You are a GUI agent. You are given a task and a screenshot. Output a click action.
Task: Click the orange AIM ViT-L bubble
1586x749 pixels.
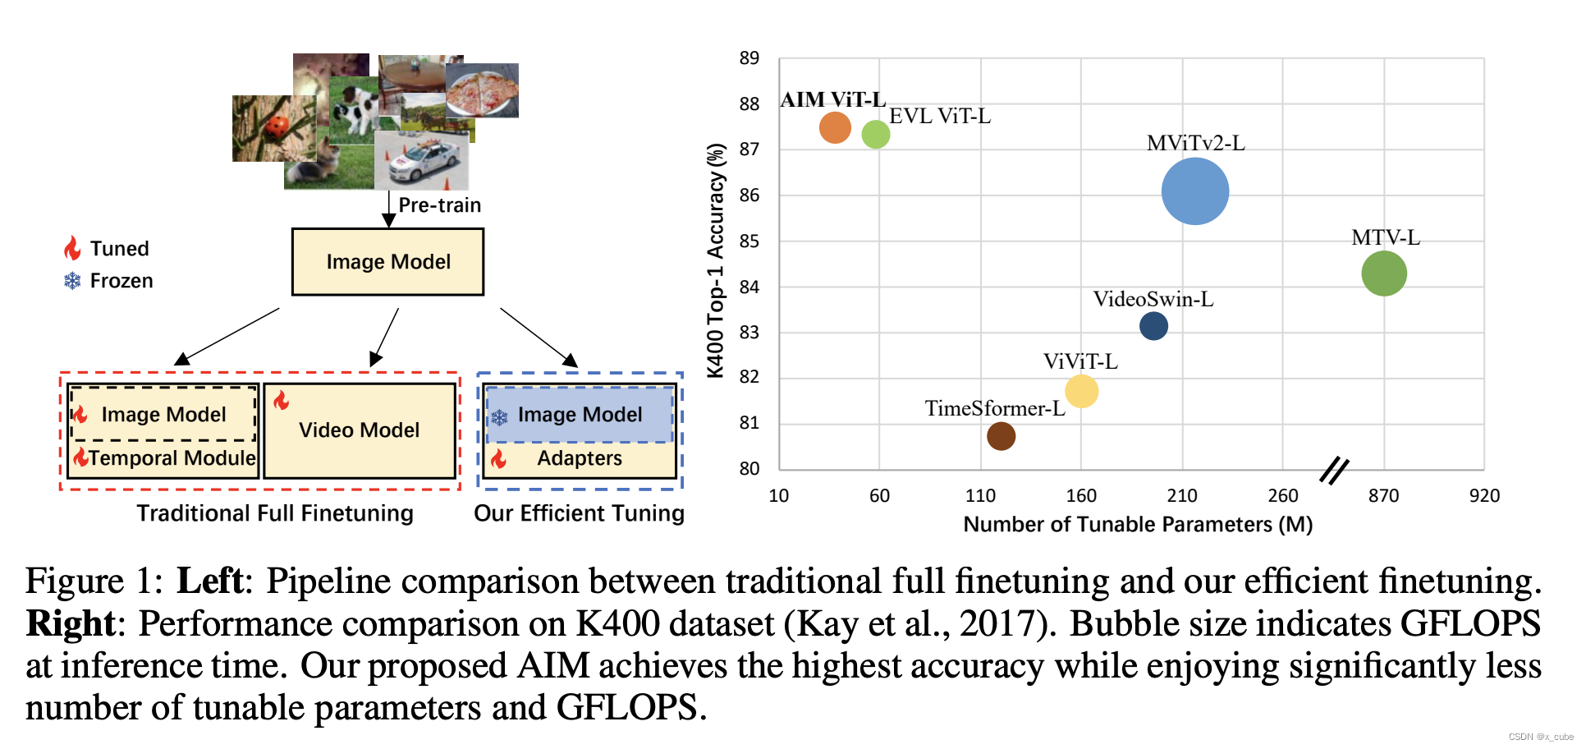834,127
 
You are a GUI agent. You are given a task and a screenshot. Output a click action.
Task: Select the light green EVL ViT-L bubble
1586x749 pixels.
875,134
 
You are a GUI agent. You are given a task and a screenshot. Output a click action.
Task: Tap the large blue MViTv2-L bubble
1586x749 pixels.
1194,191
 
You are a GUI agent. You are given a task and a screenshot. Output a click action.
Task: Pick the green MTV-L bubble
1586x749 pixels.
1383,273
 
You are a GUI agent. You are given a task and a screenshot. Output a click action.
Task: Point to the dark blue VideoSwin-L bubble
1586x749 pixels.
1153,326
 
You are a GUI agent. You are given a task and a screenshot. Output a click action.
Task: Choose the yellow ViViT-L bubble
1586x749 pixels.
1081,391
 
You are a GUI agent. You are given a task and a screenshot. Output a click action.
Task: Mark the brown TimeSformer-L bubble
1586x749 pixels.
1001,436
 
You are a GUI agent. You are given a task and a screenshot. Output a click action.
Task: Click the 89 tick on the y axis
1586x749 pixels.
749,58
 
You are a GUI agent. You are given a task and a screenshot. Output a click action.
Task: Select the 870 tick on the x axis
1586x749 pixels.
1383,496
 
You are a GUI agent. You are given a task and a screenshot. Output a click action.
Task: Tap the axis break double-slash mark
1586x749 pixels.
1334,470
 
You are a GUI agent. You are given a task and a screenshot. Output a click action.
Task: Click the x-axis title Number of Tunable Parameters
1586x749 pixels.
1137,525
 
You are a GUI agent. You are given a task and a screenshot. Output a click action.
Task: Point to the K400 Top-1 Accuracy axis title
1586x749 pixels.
716,260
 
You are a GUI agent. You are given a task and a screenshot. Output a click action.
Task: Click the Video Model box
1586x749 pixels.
359,430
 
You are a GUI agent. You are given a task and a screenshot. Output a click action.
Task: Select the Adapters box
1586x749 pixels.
580,458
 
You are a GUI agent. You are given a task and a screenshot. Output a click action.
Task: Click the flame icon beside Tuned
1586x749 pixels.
72,248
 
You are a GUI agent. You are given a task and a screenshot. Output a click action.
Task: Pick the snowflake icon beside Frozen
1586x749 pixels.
72,281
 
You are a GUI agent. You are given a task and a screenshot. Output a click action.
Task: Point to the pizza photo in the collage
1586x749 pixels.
482,90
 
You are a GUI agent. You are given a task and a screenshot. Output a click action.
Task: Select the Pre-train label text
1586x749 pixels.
439,205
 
